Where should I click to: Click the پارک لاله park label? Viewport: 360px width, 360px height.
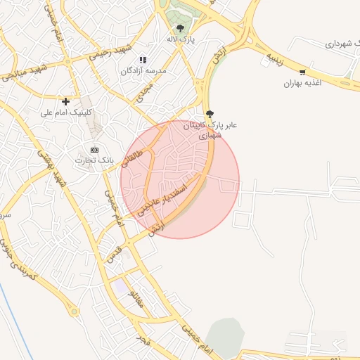coord(181,39)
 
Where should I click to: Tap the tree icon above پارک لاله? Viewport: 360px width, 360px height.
coord(181,29)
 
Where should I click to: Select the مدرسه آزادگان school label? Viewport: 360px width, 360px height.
coord(143,71)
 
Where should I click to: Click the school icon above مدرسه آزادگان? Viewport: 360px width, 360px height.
coord(143,60)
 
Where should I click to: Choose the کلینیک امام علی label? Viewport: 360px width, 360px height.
coord(67,112)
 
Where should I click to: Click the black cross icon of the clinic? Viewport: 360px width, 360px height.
coord(66,102)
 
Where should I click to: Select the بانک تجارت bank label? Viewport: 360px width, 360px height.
coord(96,161)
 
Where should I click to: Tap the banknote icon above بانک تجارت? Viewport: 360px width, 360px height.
coord(95,150)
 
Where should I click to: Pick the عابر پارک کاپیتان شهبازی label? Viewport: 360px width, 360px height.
coord(210,130)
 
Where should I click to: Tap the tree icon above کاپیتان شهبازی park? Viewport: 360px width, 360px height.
coord(210,114)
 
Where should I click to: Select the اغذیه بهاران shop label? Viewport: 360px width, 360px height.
coord(302,83)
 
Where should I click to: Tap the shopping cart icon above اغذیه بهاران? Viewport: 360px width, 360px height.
coord(302,72)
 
